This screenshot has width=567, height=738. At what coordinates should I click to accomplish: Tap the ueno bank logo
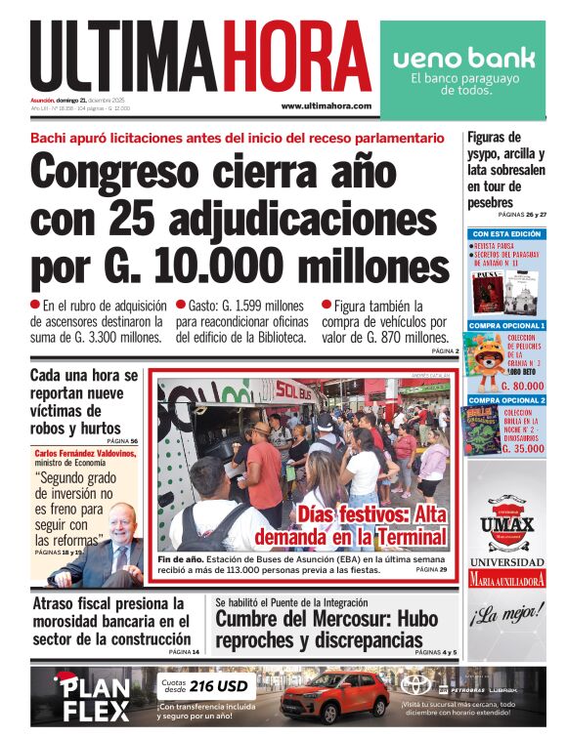[463, 58]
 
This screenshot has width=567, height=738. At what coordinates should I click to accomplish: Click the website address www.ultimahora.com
[326, 105]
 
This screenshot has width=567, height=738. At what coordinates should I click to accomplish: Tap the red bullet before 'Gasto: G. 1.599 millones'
[181, 305]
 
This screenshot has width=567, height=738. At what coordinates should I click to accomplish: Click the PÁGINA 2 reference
[445, 350]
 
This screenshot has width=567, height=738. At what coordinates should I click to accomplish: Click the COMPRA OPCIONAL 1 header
[506, 325]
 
